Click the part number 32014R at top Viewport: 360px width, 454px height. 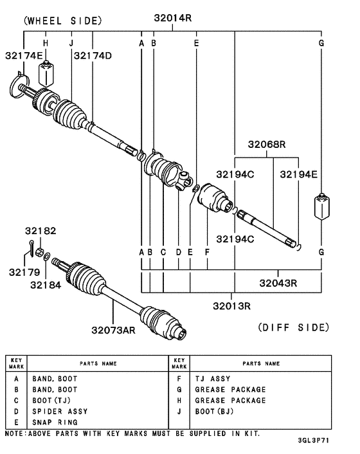[x=173, y=19]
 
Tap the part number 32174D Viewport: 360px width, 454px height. [x=92, y=55]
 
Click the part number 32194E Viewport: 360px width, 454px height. [x=298, y=174]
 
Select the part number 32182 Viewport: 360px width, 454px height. [x=41, y=230]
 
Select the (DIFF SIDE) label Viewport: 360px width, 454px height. [x=293, y=327]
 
